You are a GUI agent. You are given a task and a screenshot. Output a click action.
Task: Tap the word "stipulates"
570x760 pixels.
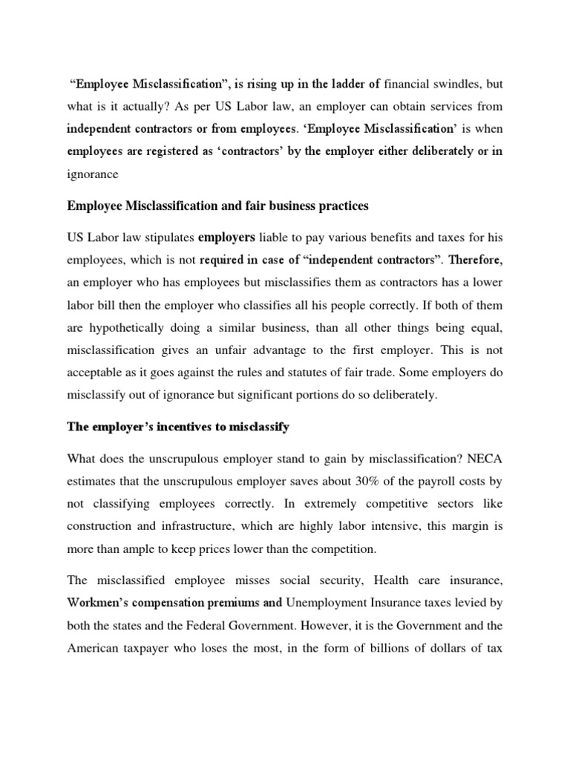point(163,237)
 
